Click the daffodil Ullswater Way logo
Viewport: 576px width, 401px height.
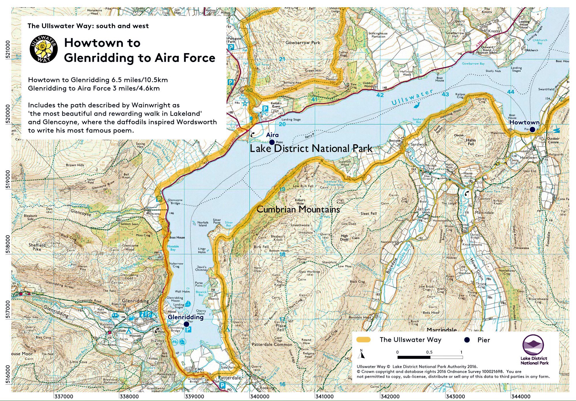pos(44,49)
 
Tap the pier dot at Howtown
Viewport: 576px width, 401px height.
pos(532,129)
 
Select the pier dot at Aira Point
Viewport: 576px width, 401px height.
pos(272,142)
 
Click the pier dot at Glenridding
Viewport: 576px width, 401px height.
pos(187,324)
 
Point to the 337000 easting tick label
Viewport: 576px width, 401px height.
pos(64,396)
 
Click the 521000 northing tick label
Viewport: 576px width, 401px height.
pos(8,49)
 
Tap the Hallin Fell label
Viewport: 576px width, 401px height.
pos(470,142)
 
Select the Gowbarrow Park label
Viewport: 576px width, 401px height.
pos(303,42)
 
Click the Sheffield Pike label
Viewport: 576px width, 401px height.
pos(37,247)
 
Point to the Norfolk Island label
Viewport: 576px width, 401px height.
pos(203,224)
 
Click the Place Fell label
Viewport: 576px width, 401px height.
pos(281,327)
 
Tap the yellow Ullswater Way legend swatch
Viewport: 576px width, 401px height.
pos(363,340)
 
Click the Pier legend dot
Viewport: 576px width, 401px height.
pos(467,340)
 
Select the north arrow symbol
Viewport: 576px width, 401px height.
pos(361,354)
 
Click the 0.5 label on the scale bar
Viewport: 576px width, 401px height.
pos(429,352)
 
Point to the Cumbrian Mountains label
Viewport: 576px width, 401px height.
pos(298,209)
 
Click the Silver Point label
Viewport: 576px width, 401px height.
pos(217,221)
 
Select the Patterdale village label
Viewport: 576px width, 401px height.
pos(229,378)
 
